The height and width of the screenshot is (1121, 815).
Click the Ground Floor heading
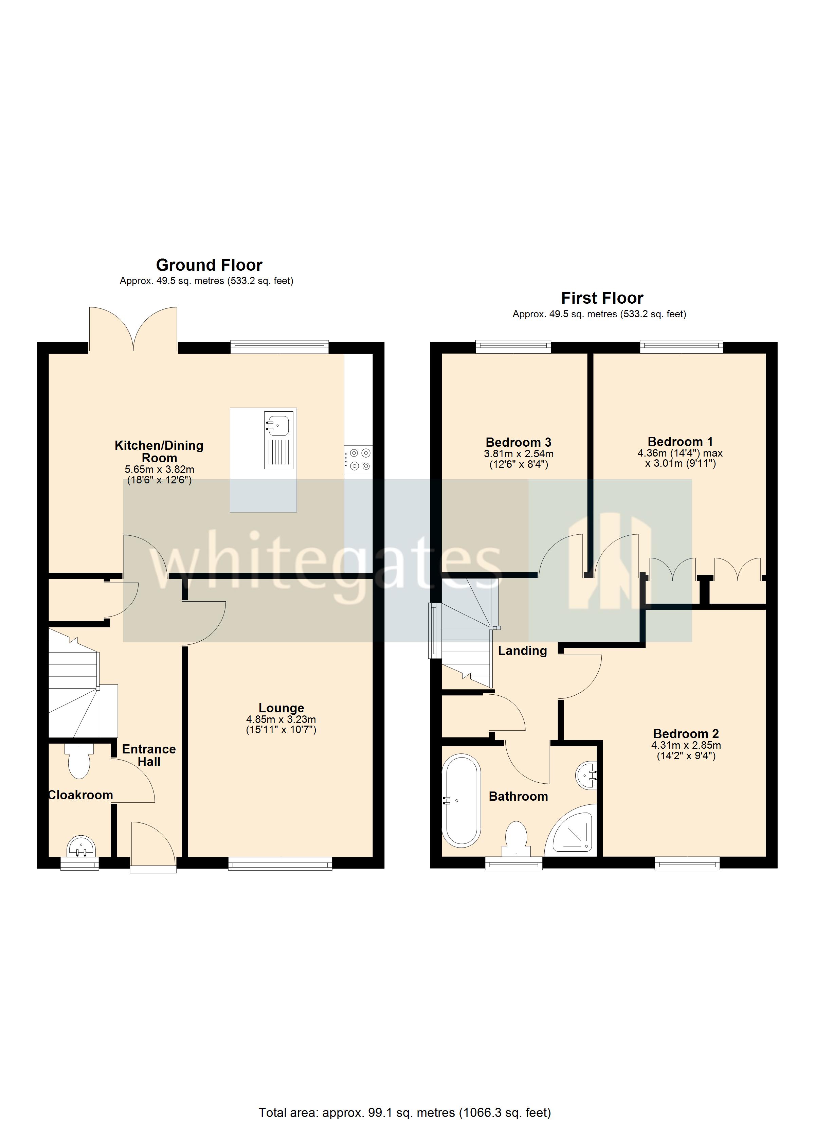(209, 265)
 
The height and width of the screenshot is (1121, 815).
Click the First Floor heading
(602, 299)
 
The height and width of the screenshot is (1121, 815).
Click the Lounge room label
(281, 708)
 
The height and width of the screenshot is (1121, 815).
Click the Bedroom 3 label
(519, 442)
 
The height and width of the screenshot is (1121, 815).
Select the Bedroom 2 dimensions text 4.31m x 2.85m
(686, 745)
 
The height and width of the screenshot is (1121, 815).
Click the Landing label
(522, 651)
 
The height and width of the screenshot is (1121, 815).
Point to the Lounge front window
(280, 864)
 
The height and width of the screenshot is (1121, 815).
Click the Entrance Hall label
(149, 755)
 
